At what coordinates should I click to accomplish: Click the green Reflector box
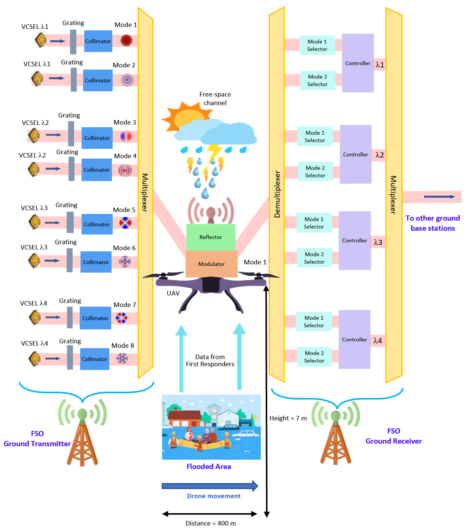[211, 237]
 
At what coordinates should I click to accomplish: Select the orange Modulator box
[211, 264]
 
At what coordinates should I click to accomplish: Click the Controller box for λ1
[358, 63]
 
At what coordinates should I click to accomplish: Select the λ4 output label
[378, 340]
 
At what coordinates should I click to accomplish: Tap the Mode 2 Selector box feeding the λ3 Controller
[314, 258]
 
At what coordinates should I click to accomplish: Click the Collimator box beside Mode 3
[97, 138]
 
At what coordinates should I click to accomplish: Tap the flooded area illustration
[211, 427]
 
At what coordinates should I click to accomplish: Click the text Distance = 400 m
[211, 523]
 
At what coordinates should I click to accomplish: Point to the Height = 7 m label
[288, 418]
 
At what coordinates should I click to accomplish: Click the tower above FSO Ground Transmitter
[82, 432]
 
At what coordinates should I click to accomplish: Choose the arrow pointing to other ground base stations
[439, 196]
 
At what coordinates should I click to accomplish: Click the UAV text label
[173, 293]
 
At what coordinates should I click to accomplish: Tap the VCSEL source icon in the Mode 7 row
[35, 317]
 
